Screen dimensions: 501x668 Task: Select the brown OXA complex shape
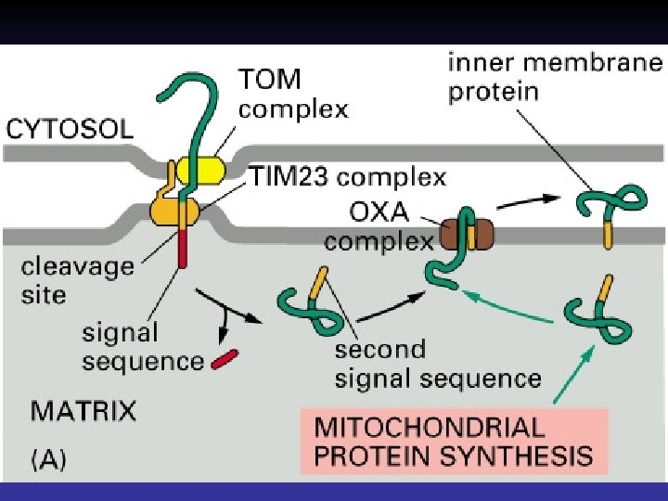click(469, 233)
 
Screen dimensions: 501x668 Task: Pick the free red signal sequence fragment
click(225, 358)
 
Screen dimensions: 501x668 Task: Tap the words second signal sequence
click(437, 364)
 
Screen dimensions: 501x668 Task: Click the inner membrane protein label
click(555, 78)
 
